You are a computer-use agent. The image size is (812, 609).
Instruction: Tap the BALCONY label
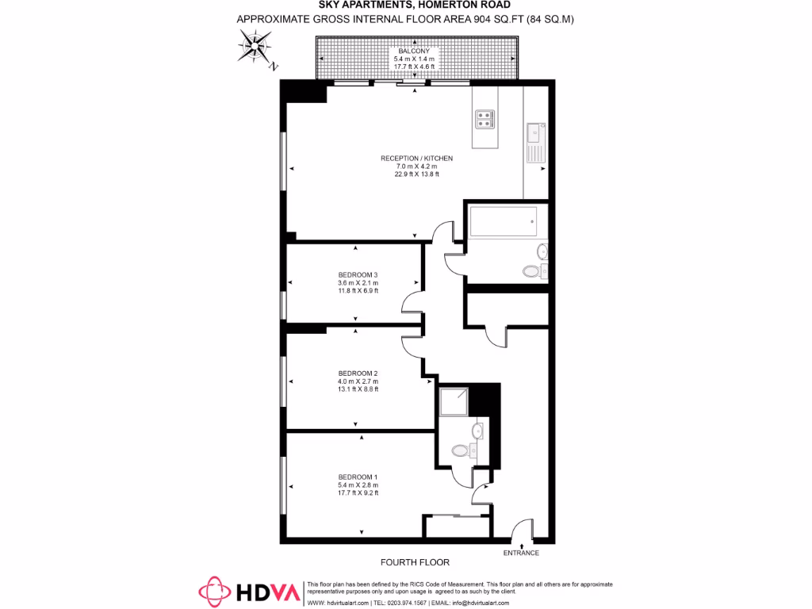pos(414,51)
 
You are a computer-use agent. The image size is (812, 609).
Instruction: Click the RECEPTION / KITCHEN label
pos(416,159)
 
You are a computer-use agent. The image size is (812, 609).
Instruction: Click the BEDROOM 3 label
pos(358,275)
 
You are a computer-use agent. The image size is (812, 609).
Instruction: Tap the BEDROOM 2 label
pos(358,373)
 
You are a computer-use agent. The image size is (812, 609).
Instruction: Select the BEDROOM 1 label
pos(358,477)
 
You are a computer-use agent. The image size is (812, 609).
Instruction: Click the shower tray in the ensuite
pos(453,402)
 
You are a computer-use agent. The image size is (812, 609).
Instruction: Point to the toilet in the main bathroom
pos(532,271)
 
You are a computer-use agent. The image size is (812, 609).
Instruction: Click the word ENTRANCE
pos(521,553)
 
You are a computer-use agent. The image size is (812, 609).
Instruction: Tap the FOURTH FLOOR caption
pos(415,562)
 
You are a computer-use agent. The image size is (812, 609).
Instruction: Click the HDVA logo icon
pos(214,591)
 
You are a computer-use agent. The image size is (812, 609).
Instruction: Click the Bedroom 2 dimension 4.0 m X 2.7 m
pos(358,381)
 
